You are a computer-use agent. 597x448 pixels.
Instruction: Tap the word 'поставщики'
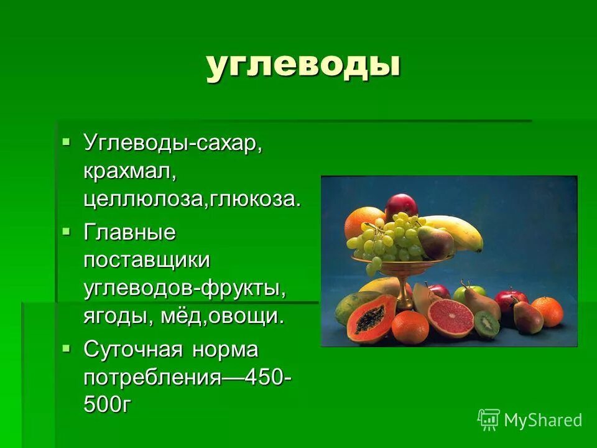(147, 261)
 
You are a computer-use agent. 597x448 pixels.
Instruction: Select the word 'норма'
(224, 350)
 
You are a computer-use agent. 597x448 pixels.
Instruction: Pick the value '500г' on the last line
(108, 404)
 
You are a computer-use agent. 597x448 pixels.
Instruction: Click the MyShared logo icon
(489, 420)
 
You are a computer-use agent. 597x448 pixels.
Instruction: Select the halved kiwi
(487, 324)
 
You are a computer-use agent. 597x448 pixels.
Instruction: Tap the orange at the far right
(547, 311)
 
